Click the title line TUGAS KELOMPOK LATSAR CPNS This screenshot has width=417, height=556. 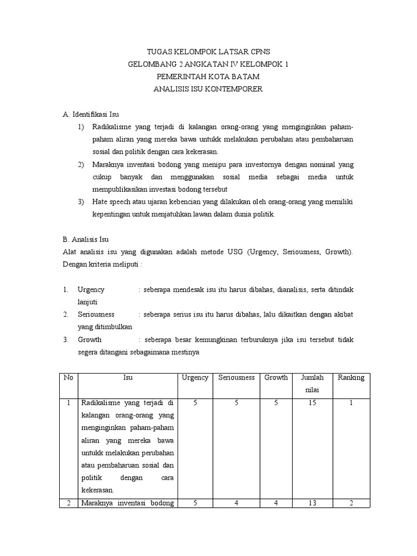(208, 53)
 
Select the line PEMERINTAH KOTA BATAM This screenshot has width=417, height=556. (208, 77)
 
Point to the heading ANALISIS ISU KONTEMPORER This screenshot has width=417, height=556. (208, 89)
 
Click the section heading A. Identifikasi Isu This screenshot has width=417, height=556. (91, 115)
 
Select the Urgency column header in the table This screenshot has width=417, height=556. (195, 377)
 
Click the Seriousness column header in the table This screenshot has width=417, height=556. (236, 377)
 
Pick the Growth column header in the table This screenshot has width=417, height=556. (276, 377)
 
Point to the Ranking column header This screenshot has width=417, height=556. (351, 377)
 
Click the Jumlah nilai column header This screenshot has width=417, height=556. (312, 383)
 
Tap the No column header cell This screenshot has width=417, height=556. (68, 377)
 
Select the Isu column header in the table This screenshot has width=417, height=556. (128, 377)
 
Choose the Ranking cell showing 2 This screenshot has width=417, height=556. (351, 503)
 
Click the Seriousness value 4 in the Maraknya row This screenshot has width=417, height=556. (236, 503)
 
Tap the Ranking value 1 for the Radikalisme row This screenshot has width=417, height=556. (351, 403)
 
